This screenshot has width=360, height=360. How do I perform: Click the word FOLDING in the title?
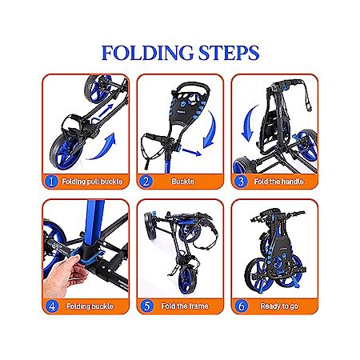(x=147, y=53)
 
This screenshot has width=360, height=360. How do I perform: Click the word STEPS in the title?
(x=229, y=53)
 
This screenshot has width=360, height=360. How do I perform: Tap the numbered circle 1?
(x=51, y=182)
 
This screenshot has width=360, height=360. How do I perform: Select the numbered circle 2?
(x=146, y=182)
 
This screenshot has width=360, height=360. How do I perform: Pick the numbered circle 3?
(x=241, y=182)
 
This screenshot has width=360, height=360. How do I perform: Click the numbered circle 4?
(x=52, y=306)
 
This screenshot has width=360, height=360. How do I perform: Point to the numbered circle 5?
(x=147, y=306)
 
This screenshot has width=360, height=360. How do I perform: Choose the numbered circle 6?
(x=242, y=306)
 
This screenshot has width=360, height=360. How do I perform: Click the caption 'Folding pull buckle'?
(x=92, y=182)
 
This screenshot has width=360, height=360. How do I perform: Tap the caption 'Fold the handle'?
(x=278, y=182)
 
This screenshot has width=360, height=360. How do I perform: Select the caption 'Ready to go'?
(x=279, y=306)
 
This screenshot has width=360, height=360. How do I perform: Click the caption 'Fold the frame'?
(x=185, y=306)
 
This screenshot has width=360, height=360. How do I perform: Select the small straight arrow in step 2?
(x=191, y=152)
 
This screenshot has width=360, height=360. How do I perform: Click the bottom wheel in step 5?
(x=187, y=279)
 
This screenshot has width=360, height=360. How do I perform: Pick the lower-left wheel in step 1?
(x=66, y=151)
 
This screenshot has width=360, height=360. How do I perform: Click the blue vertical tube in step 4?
(x=94, y=222)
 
